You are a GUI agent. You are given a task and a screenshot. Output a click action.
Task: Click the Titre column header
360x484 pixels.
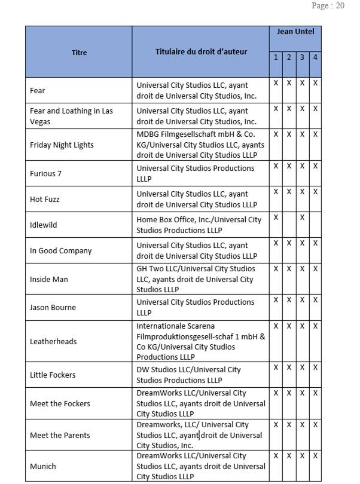click(x=79, y=53)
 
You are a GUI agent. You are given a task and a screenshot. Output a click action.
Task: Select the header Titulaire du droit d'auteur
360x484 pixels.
click(x=201, y=52)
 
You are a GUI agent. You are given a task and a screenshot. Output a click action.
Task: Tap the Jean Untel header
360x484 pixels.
click(x=295, y=31)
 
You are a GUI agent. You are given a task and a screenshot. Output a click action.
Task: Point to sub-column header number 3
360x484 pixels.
click(x=302, y=57)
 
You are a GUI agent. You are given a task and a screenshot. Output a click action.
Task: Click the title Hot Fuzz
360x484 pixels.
click(x=45, y=199)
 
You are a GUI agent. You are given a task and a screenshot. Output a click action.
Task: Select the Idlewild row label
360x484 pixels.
click(x=44, y=225)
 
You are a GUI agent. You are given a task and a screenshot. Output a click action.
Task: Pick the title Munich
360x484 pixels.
click(x=43, y=466)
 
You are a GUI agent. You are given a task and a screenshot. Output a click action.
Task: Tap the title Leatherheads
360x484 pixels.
click(x=53, y=341)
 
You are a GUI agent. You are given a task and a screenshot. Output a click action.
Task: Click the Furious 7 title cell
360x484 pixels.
click(x=46, y=173)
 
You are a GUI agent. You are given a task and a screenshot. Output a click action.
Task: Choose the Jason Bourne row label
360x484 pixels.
click(x=54, y=307)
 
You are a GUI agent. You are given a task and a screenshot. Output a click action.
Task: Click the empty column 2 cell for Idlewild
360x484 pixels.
click(x=289, y=225)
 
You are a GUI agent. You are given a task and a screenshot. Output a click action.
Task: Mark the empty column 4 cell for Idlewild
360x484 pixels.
click(x=315, y=225)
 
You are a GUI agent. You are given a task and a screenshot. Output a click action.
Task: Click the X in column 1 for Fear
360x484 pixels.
click(x=276, y=83)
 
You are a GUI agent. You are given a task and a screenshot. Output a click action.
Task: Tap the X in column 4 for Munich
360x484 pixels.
click(x=315, y=456)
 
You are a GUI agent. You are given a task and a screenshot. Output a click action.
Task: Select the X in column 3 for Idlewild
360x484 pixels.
click(x=302, y=218)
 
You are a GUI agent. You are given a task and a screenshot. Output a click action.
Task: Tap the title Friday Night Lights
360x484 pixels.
click(x=62, y=145)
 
